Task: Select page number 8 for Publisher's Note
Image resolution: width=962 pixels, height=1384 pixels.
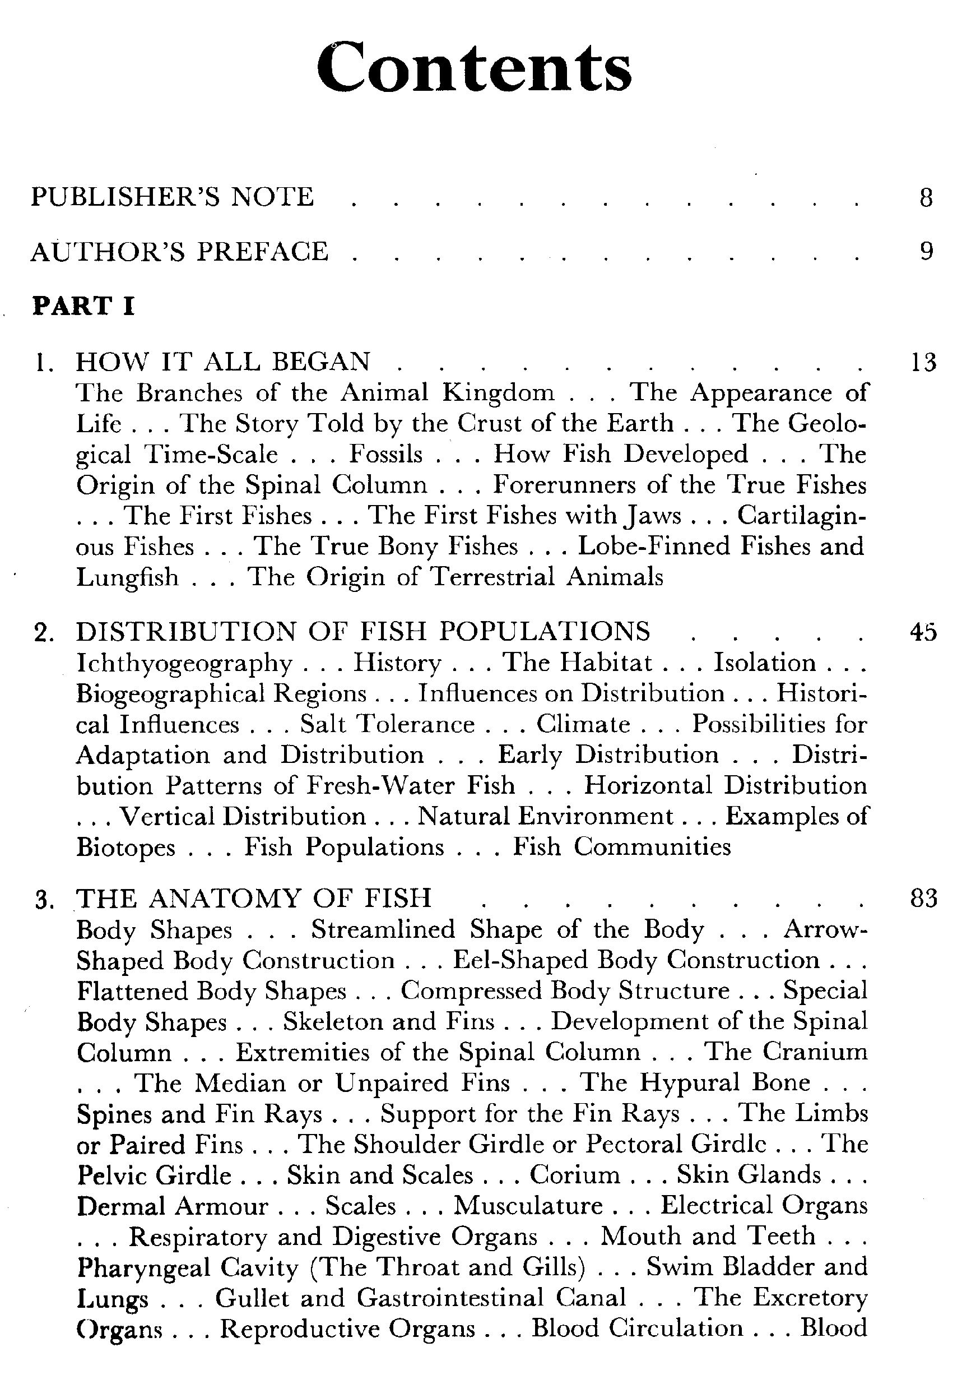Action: pyautogui.click(x=926, y=198)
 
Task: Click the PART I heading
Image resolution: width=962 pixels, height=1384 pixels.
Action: pyautogui.click(x=83, y=306)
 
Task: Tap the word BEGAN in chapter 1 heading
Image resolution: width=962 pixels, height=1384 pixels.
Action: pyautogui.click(x=321, y=362)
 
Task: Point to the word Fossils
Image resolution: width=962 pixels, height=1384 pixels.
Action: pyautogui.click(x=386, y=454)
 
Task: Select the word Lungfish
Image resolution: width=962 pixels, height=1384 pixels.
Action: pyautogui.click(x=128, y=577)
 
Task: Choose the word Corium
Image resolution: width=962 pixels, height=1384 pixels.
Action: pyautogui.click(x=575, y=1175)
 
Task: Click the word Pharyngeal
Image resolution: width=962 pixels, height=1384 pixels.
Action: pyautogui.click(x=142, y=1267)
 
